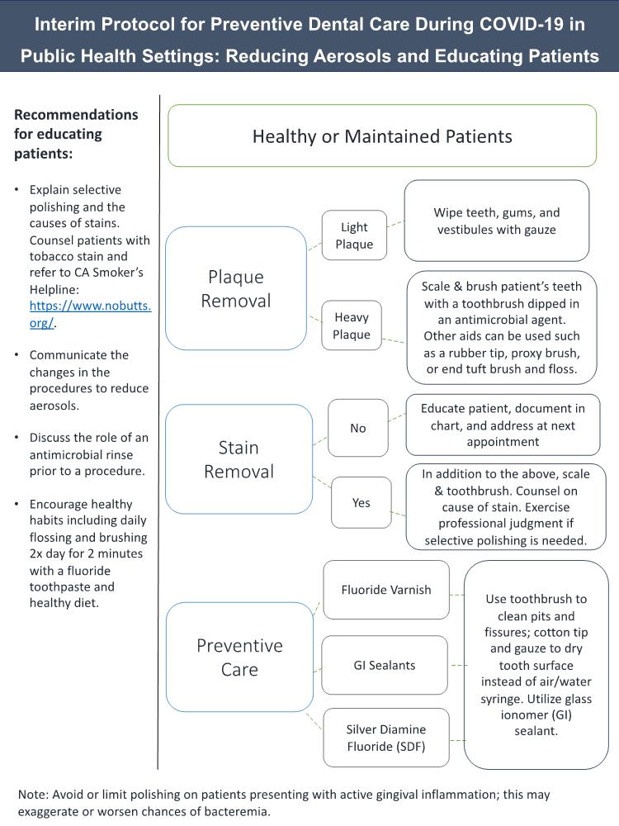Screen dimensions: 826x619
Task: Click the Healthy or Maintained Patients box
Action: tap(382, 135)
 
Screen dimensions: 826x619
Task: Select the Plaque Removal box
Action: tap(236, 288)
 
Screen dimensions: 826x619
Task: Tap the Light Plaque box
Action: tap(354, 235)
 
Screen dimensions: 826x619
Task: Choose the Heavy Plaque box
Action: tap(351, 325)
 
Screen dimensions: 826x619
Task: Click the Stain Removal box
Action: tap(239, 460)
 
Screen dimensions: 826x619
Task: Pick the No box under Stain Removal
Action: tap(357, 428)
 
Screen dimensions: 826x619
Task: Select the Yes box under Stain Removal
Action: tap(361, 502)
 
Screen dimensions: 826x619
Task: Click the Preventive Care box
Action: tap(239, 657)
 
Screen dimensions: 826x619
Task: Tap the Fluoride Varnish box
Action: tap(385, 590)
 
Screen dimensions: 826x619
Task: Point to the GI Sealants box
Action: tap(384, 665)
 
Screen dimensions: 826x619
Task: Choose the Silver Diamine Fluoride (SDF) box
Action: tap(385, 738)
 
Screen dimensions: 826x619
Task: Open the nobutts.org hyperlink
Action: tap(90, 315)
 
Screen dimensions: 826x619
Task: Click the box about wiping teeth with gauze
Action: tap(496, 221)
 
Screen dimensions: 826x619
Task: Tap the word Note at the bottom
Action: tap(33, 794)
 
